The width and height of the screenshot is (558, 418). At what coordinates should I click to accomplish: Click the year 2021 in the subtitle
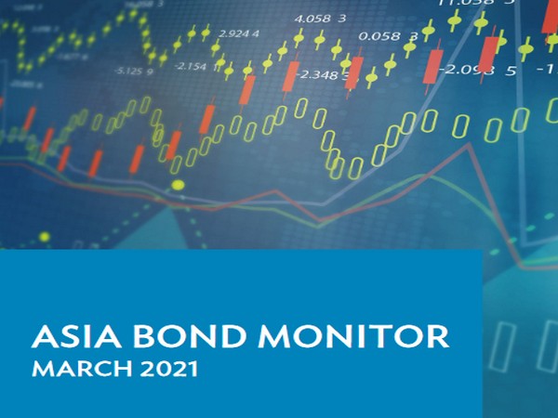click(171, 370)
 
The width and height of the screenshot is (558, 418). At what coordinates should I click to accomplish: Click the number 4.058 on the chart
click(311, 18)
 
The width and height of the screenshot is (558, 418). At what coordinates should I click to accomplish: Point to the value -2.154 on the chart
click(191, 66)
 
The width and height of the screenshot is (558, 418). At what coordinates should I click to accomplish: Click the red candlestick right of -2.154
click(248, 89)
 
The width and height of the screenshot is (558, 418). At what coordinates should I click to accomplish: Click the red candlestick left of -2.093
click(433, 64)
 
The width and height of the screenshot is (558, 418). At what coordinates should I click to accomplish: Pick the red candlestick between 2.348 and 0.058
click(353, 72)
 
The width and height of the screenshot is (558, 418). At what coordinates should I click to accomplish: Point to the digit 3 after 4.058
click(342, 18)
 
